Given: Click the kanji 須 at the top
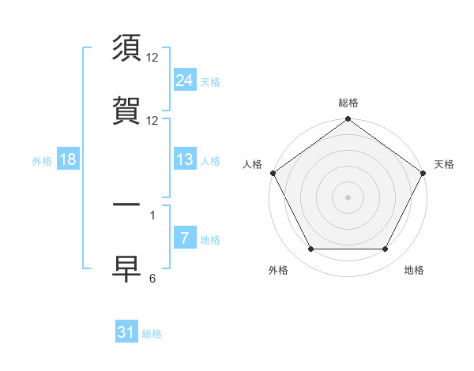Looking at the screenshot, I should pyautogui.click(x=128, y=48).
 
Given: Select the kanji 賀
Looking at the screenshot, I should pyautogui.click(x=128, y=111).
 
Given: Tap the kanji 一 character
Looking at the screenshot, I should pyautogui.click(x=128, y=205).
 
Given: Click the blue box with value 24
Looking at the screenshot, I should pyautogui.click(x=184, y=80).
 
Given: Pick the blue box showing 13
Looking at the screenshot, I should pyautogui.click(x=184, y=159).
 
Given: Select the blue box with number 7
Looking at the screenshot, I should pyautogui.click(x=184, y=239).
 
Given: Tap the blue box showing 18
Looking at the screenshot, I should pyautogui.click(x=68, y=159).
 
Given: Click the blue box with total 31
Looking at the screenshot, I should pyautogui.click(x=126, y=332).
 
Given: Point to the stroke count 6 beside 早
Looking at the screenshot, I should pyautogui.click(x=152, y=278).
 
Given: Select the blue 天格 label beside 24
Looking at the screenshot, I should pyautogui.click(x=210, y=81).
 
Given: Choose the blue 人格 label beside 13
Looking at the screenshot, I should pyautogui.click(x=210, y=161).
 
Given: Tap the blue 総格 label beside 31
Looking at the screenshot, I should pyautogui.click(x=152, y=334).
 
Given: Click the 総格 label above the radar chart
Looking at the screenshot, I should pyautogui.click(x=348, y=103).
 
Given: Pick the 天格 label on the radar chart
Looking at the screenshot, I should pyautogui.click(x=444, y=164).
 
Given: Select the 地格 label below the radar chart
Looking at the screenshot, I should pyautogui.click(x=414, y=270).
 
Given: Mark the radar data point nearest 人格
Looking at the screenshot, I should pyautogui.click(x=273, y=173).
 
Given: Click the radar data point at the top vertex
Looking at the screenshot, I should pyautogui.click(x=348, y=119).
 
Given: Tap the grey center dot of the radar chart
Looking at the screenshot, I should pyautogui.click(x=348, y=197).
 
